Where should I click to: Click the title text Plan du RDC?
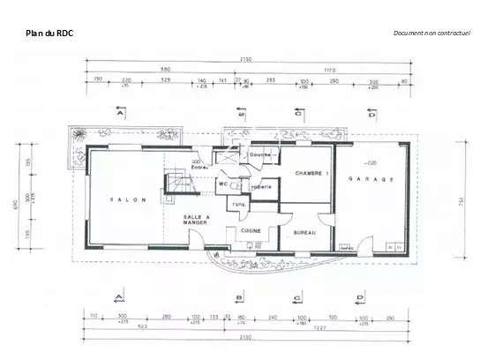50,34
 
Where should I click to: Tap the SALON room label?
121,199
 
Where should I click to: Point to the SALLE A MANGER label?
195,220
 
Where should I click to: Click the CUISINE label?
251,230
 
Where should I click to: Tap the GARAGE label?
371,178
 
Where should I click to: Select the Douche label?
259,154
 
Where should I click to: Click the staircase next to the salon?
179,184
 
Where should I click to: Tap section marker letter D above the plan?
371,115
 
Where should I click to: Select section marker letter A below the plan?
121,296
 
